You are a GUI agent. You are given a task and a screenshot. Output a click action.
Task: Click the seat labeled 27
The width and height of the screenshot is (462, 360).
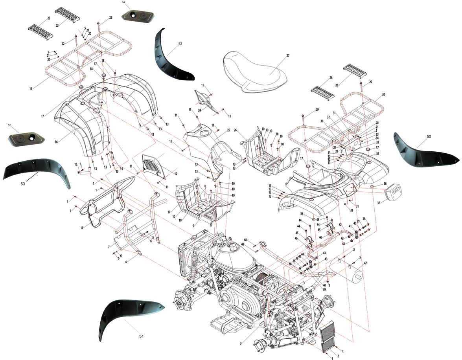pyautogui.click(x=252, y=73)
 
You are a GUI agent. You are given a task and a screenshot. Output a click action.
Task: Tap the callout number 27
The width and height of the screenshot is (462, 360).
pyautogui.click(x=288, y=56)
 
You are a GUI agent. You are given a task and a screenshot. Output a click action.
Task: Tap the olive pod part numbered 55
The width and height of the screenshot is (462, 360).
pyautogui.click(x=26, y=138)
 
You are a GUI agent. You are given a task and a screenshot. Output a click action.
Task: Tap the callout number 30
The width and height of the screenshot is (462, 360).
pyautogui.click(x=383, y=94)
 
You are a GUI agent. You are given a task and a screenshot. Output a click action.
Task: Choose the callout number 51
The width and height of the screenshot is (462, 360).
pyautogui.click(x=141, y=336)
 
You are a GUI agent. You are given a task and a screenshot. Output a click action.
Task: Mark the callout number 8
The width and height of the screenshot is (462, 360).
pyautogui.click(x=82, y=228)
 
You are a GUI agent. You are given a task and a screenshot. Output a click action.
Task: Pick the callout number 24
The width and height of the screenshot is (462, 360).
pyautogui.click(x=200, y=110)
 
